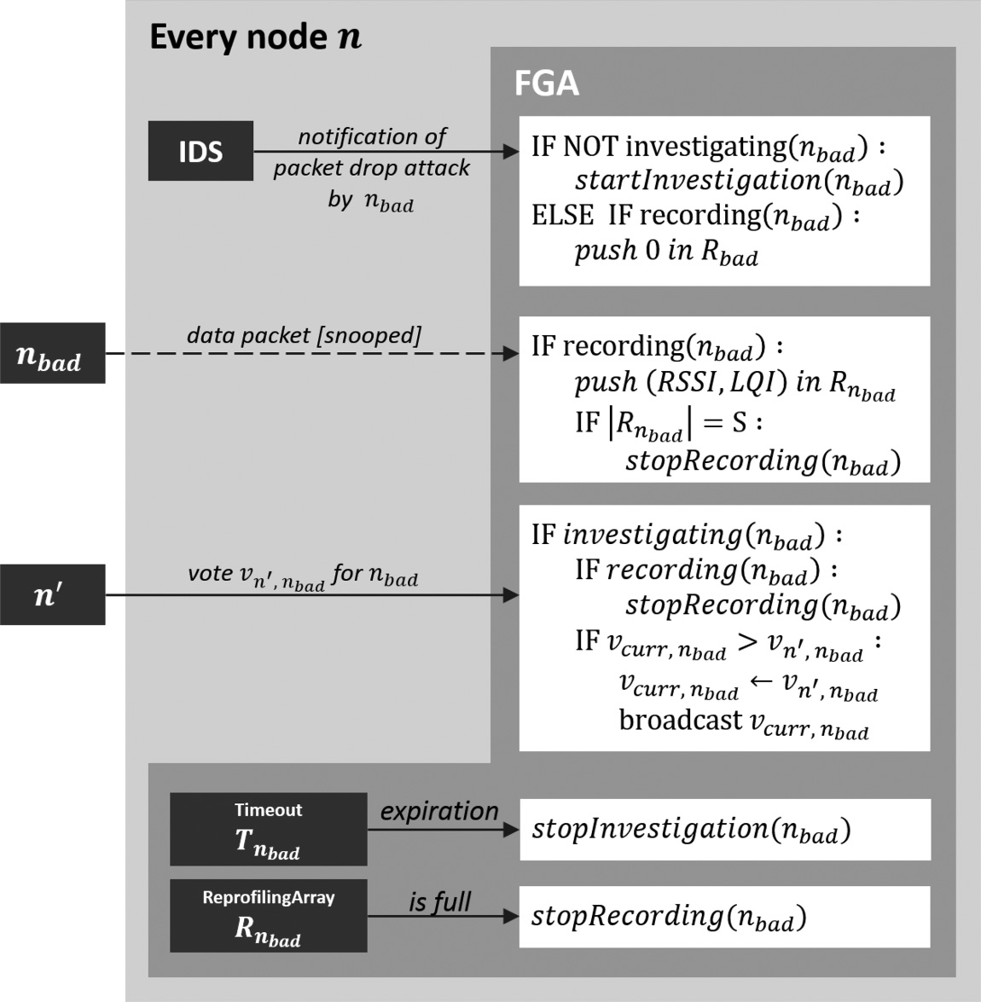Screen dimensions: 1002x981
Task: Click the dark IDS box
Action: click(200, 151)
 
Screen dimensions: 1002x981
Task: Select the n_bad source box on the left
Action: click(52, 353)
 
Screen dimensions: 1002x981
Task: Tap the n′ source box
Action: click(52, 594)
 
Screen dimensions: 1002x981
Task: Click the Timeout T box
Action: click(268, 830)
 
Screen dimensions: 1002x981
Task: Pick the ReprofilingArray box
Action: click(268, 916)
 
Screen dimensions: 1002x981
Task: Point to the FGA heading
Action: click(547, 84)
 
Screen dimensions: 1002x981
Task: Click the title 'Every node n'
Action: click(255, 38)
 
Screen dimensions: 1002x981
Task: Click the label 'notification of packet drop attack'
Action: click(372, 152)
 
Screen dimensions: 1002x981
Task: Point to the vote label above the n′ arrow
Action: click(302, 575)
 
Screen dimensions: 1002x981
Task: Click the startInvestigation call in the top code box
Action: click(739, 181)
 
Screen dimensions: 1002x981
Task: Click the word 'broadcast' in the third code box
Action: click(680, 721)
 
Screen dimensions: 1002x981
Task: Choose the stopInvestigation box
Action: click(724, 830)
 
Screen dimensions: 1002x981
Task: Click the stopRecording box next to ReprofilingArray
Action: click(724, 917)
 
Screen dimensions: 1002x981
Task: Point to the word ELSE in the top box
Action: click(562, 215)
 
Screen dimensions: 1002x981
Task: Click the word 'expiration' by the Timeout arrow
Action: click(439, 811)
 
